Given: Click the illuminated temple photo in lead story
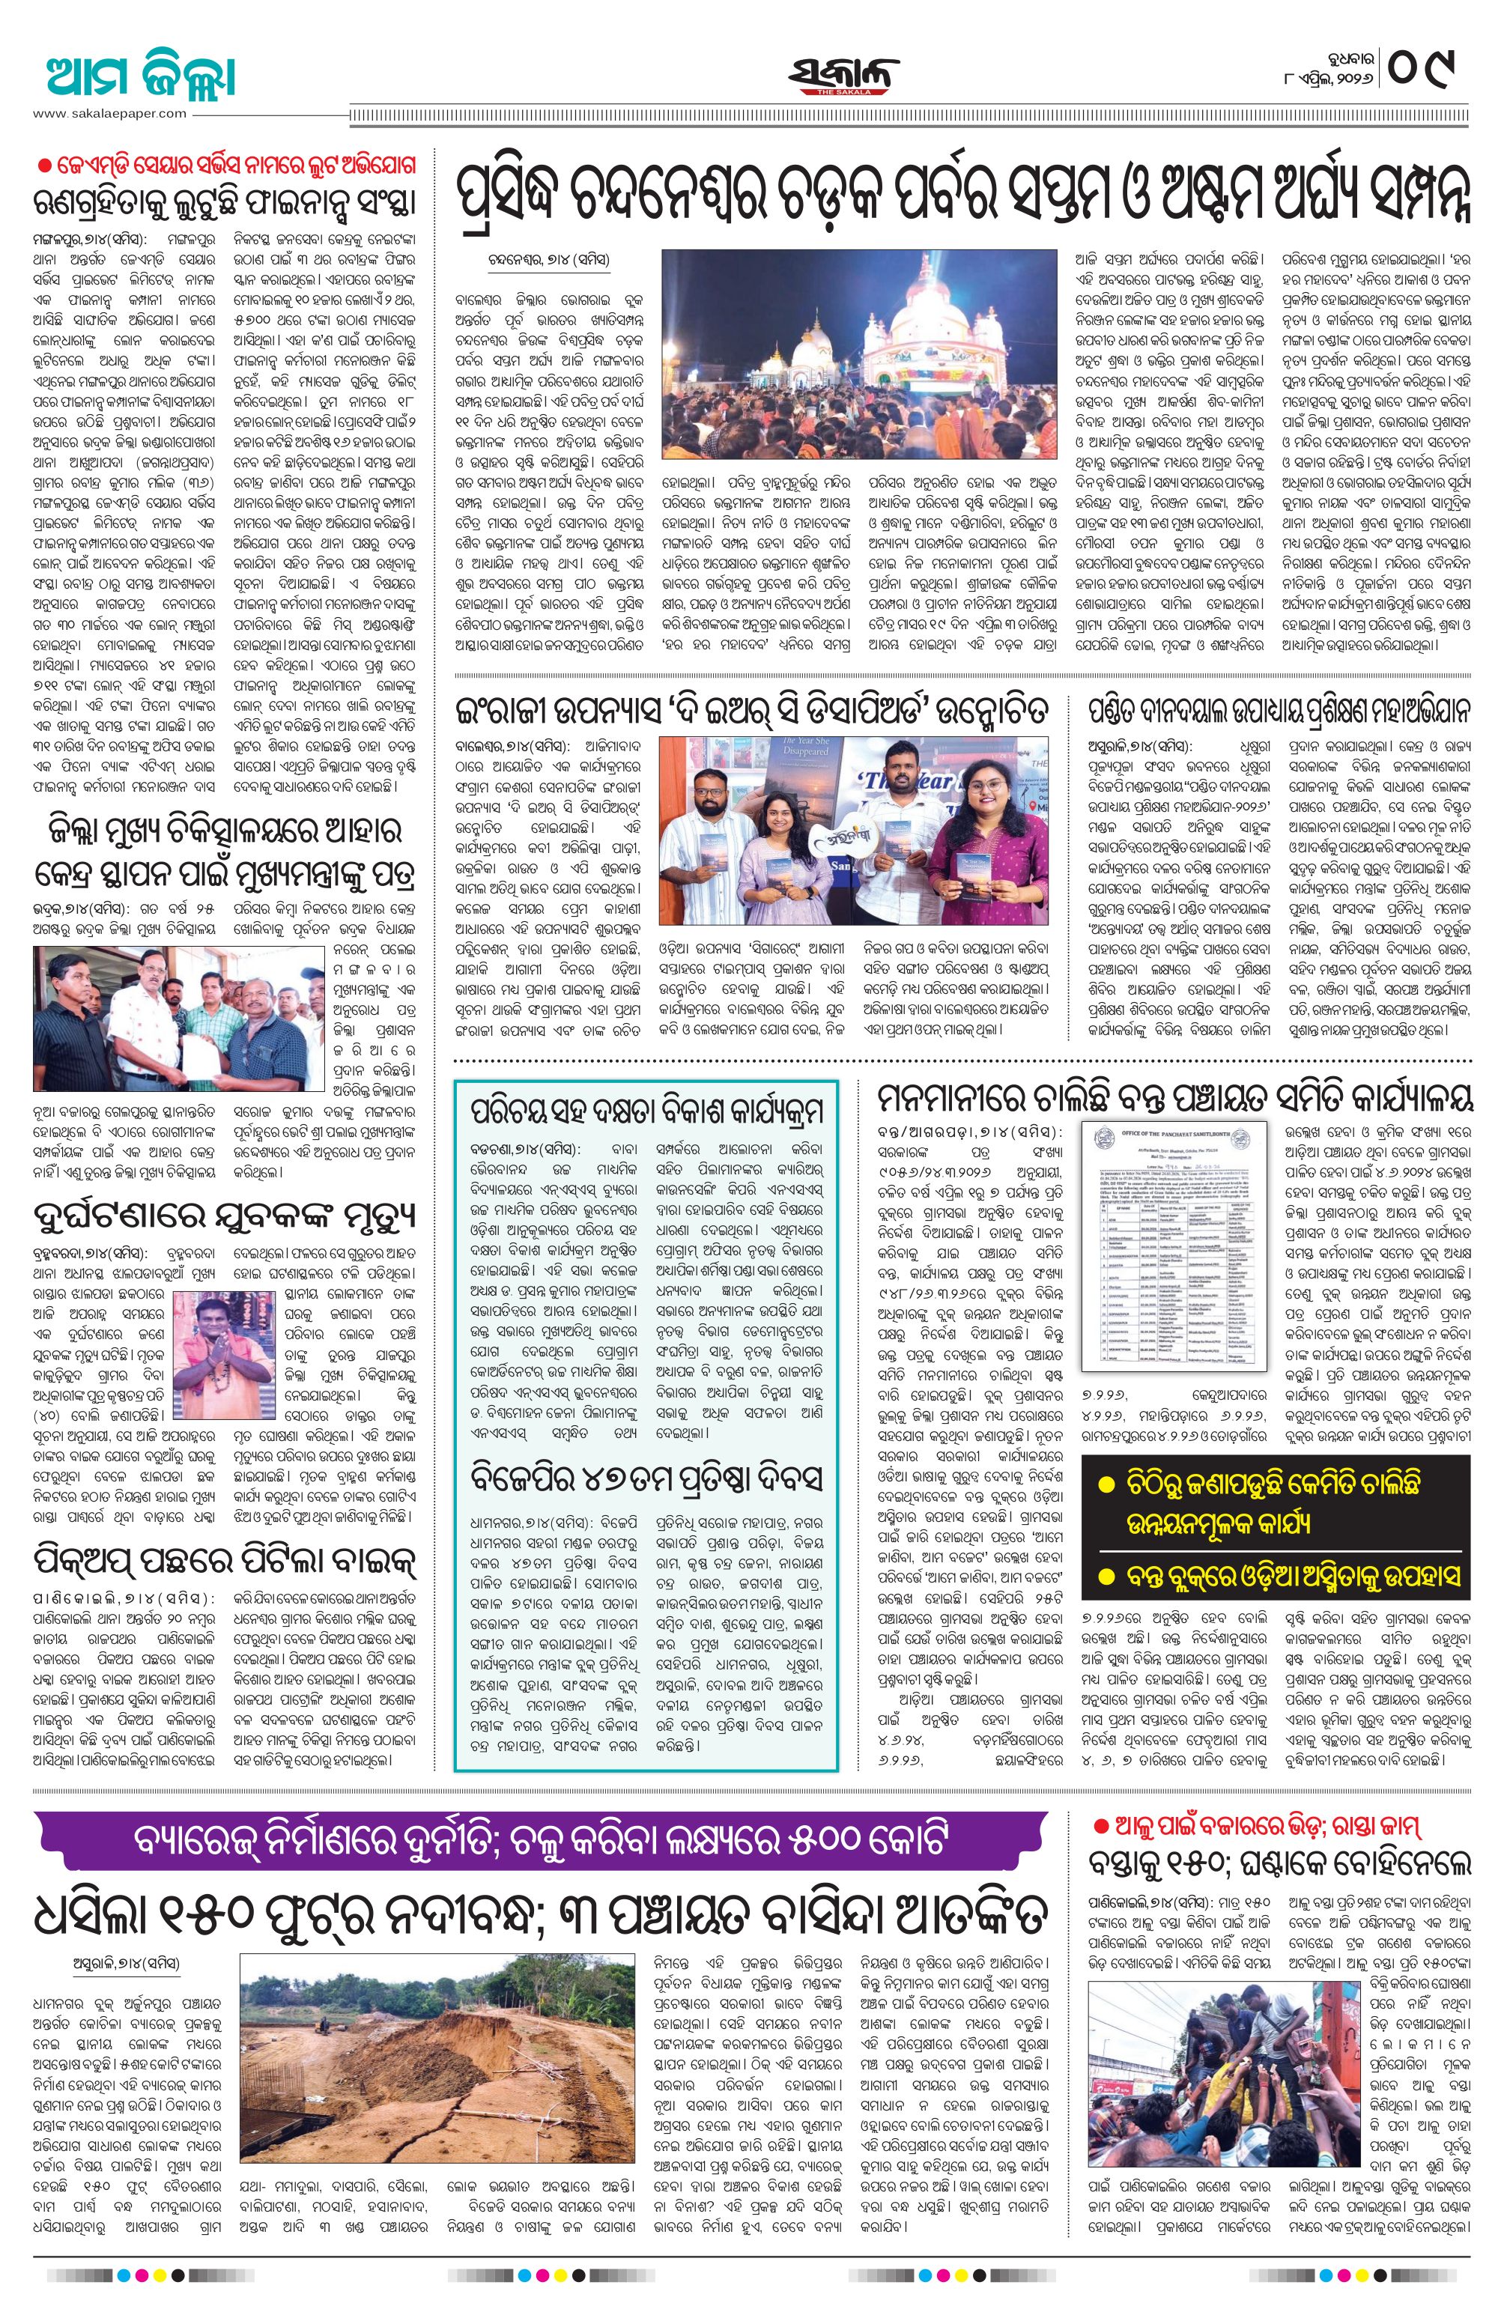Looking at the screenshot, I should [858, 354].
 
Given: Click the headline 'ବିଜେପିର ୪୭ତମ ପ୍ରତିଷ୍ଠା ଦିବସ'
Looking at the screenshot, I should [645, 1477].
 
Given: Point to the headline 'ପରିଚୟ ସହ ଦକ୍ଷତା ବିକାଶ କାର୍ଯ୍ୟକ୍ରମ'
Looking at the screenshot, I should [645, 1111].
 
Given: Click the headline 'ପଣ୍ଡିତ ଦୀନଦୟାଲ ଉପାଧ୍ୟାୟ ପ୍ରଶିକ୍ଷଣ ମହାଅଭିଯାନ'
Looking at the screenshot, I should [1278, 712].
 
